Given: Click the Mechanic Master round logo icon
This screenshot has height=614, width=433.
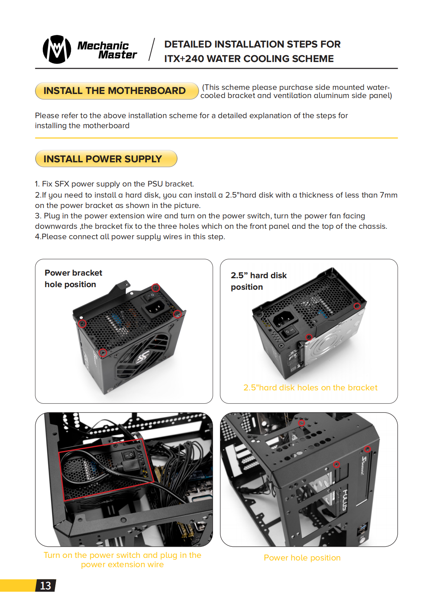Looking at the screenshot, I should tap(57, 49).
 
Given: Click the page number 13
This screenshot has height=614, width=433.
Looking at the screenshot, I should tap(45, 586).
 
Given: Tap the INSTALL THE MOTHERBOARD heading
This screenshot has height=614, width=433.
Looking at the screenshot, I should tap(114, 91).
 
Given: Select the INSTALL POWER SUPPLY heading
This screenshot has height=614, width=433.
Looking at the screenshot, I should tap(103, 159).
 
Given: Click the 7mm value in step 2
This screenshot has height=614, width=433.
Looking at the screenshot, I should tap(388, 195).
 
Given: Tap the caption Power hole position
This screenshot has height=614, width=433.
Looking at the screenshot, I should tap(302, 558).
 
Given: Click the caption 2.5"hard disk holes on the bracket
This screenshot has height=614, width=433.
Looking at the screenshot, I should tap(310, 388).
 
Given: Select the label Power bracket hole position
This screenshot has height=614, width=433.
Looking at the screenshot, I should tap(73, 279).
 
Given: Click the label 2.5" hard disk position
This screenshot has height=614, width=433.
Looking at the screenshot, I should tap(258, 281).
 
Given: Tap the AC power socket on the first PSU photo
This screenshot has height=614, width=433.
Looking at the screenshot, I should tap(154, 307).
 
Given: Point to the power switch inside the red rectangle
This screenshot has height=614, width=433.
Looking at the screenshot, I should tap(129, 454).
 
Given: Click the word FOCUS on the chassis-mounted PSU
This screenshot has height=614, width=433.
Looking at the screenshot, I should tap(344, 500).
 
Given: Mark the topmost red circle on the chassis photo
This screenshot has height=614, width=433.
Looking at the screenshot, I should tap(301, 423).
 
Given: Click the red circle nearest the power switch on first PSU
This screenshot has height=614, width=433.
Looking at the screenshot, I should tap(156, 287).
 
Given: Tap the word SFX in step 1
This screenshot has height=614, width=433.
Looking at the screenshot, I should tap(62, 184).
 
